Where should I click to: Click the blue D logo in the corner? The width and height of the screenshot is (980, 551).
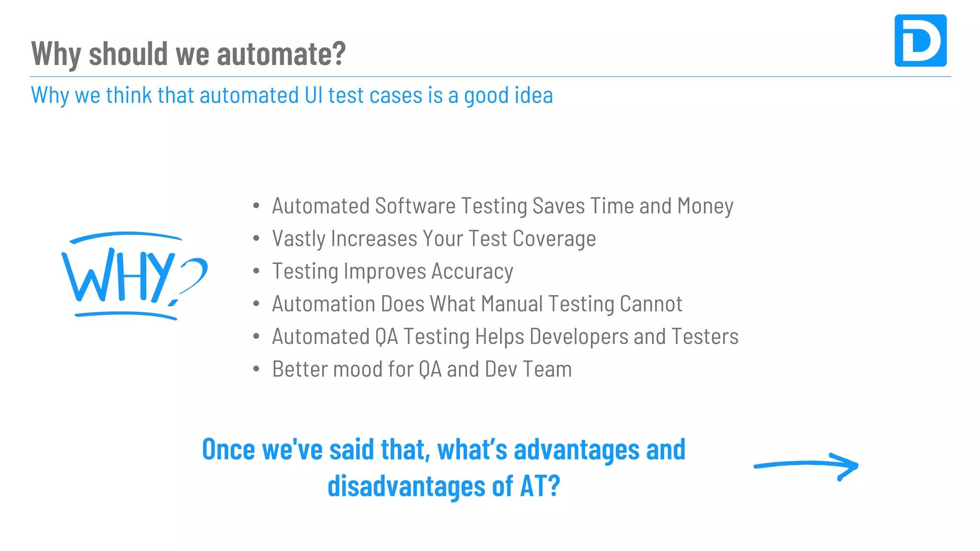[x=920, y=41]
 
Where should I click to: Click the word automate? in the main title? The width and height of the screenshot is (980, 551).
[x=281, y=54]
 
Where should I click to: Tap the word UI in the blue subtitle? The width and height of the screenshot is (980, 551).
[x=313, y=95]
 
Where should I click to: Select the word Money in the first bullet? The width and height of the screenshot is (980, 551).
[x=705, y=206]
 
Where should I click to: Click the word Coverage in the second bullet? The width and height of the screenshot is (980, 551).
[x=554, y=239]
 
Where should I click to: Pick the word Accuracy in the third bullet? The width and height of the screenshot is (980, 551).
[x=472, y=271]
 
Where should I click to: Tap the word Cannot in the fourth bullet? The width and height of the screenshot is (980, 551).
[x=651, y=304]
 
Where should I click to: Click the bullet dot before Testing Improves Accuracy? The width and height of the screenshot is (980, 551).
[x=256, y=271]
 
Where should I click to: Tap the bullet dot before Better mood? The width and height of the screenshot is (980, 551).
[x=256, y=369]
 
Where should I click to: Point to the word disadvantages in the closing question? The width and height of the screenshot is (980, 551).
[x=406, y=486]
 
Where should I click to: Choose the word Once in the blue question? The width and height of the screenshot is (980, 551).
[x=228, y=450]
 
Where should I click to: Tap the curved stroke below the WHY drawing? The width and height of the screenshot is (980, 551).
[x=125, y=314]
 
